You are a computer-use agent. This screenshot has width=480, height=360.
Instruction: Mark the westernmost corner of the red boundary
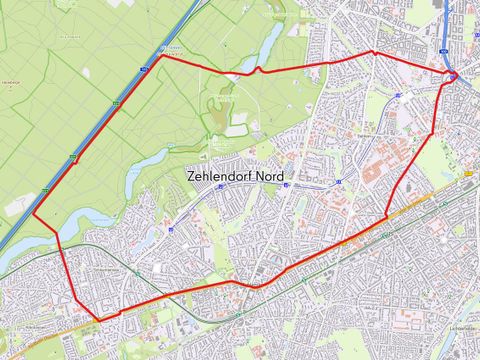(x=34, y=214)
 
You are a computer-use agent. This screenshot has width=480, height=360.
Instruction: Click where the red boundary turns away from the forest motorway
(x=162, y=57)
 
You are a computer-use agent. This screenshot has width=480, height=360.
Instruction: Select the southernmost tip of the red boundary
(x=98, y=321)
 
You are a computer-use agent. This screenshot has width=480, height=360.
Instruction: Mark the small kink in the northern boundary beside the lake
(x=258, y=70)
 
